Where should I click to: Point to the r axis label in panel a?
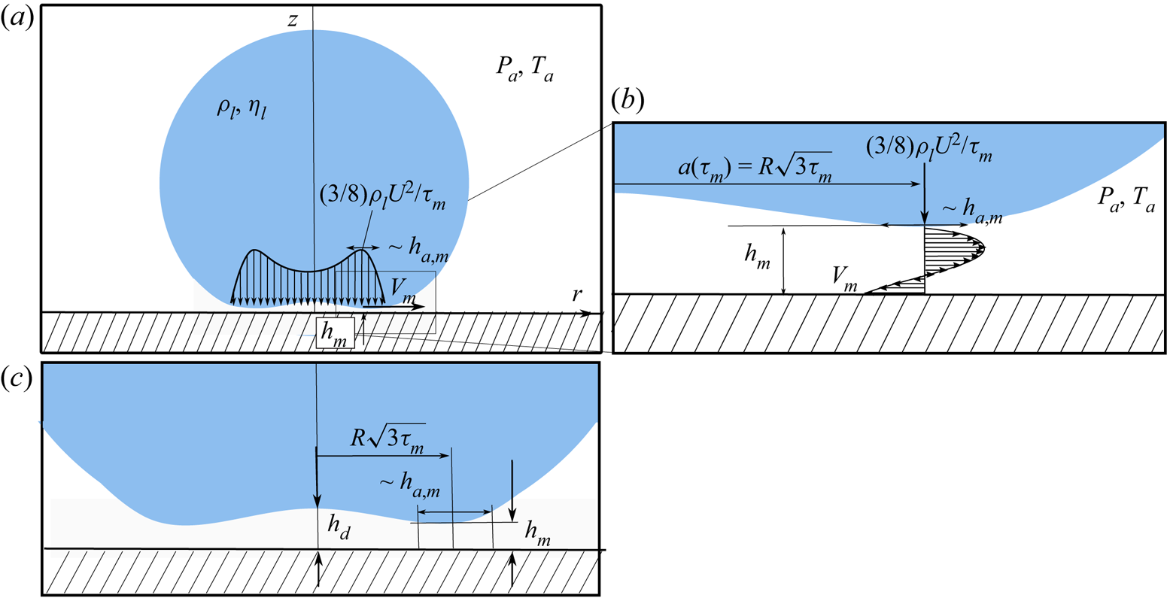click(x=576, y=294)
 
